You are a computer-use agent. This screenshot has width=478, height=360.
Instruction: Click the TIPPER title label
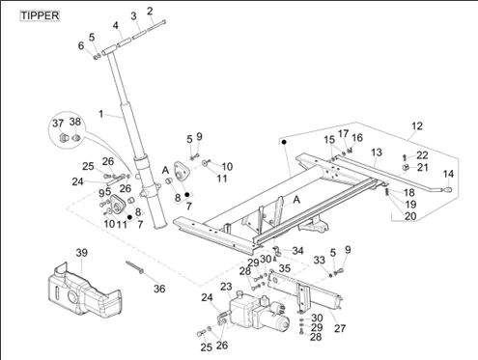pos(40,15)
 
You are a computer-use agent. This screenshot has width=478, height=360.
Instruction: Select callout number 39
pos(82,253)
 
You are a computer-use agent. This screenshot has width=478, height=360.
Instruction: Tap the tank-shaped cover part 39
pos(85,290)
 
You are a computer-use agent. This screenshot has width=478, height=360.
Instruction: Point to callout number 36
pos(159,289)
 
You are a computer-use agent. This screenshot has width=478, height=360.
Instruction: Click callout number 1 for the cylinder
pos(101,114)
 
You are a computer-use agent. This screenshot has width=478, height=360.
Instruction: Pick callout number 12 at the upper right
pos(417,125)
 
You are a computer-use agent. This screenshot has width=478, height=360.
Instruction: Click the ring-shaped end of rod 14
pos(447,190)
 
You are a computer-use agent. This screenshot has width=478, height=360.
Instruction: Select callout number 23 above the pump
pos(226,287)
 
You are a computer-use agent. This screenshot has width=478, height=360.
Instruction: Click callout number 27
pos(340,328)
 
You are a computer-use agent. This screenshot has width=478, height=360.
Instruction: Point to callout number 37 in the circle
pos(58,123)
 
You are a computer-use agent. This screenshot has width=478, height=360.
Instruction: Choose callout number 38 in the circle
pos(75,122)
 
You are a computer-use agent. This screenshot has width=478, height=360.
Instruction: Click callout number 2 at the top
pos(150,11)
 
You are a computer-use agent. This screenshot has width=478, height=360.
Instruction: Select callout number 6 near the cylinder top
pos(81,45)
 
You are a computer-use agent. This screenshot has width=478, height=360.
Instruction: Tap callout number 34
pos(297,250)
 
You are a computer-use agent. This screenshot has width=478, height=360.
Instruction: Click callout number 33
pos(320,260)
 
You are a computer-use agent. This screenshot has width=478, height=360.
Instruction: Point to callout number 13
pos(377,152)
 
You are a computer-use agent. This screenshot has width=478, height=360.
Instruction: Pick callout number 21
pos(423,167)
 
